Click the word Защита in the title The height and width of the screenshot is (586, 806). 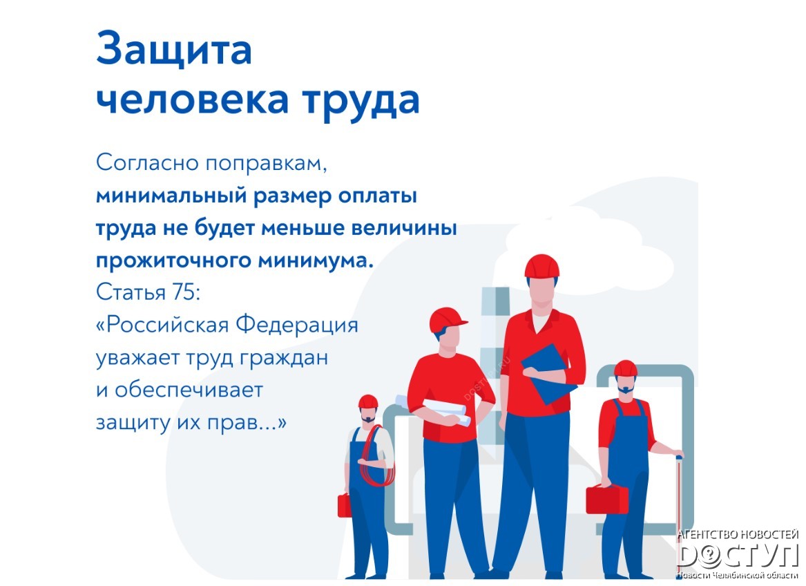pyautogui.click(x=174, y=49)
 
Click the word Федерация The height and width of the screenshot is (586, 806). pyautogui.click(x=296, y=325)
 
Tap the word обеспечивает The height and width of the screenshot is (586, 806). pyautogui.click(x=188, y=390)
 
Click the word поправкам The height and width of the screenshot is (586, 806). pyautogui.click(x=267, y=164)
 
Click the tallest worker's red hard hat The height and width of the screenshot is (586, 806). pyautogui.click(x=541, y=266)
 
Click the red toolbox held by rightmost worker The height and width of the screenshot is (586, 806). pyautogui.click(x=607, y=500)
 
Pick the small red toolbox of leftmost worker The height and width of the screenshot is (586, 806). pyautogui.click(x=344, y=505)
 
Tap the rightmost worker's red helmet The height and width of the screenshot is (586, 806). pyautogui.click(x=626, y=368)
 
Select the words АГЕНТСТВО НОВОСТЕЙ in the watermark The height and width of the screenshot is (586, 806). pyautogui.click(x=738, y=535)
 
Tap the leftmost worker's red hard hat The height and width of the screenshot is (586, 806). pyautogui.click(x=368, y=401)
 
